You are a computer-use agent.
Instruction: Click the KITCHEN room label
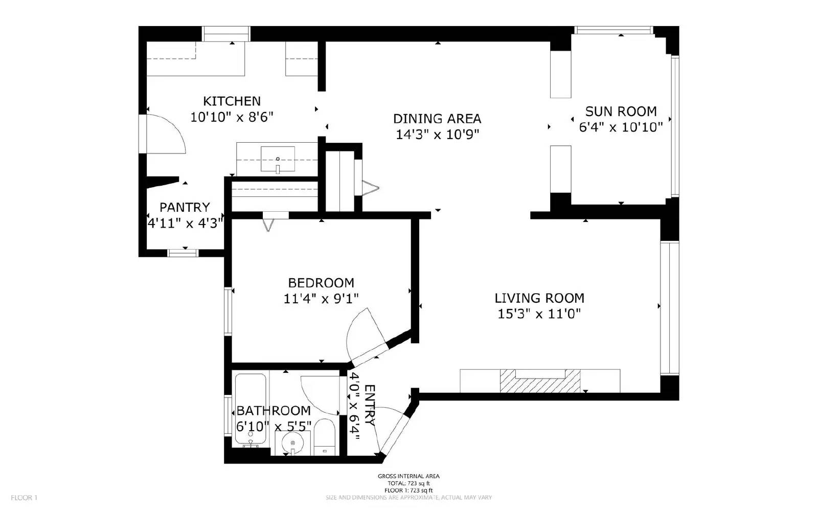tap(232, 101)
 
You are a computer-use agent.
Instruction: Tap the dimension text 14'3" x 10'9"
tap(437, 135)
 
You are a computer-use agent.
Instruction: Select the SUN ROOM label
tap(621, 111)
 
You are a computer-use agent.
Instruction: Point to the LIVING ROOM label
tap(539, 298)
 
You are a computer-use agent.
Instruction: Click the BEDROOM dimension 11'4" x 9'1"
tap(321, 299)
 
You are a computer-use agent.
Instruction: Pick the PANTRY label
tap(185, 207)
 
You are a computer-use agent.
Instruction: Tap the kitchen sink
tap(278, 159)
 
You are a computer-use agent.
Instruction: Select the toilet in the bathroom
tap(324, 437)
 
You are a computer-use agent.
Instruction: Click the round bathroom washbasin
tap(293, 443)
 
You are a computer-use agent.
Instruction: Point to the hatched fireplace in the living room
tap(540, 381)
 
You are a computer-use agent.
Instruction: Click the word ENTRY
tap(370, 405)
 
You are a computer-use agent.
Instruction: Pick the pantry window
tap(183, 253)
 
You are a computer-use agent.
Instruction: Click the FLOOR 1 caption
tap(24, 498)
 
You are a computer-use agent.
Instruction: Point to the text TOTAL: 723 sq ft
tap(408, 483)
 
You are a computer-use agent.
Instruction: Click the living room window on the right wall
tap(670, 308)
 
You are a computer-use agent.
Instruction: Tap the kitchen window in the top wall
tap(226, 34)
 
